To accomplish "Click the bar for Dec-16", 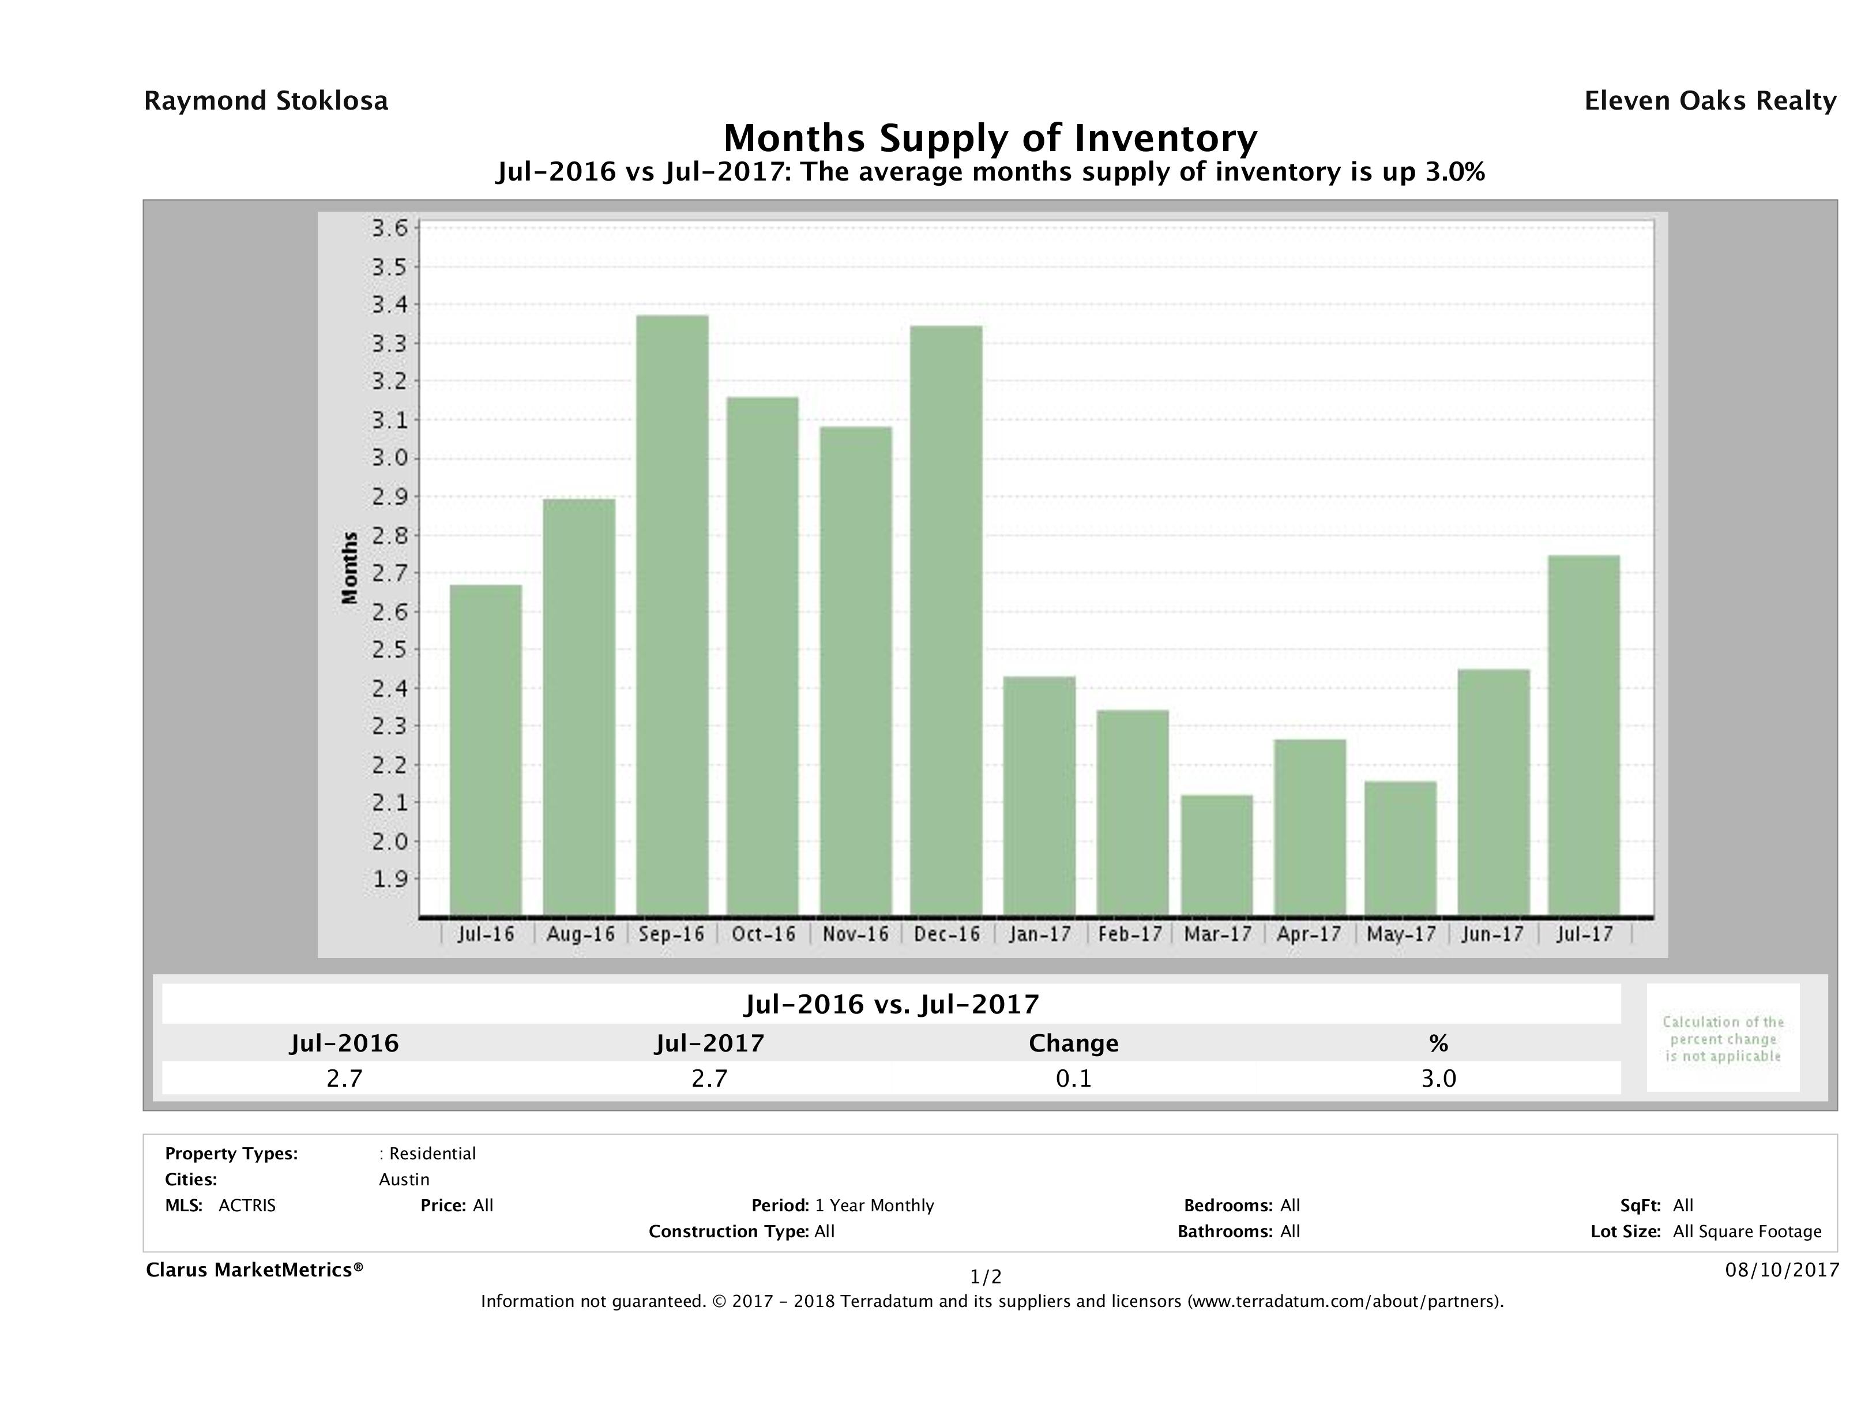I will click(x=946, y=620).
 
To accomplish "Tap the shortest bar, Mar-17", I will click(x=1217, y=854).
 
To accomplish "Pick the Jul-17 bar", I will click(x=1584, y=735).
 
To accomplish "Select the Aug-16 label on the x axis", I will click(x=580, y=934).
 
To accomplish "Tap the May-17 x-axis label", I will click(x=1401, y=934).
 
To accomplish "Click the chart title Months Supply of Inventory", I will click(x=990, y=137).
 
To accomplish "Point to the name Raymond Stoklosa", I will click(x=266, y=101).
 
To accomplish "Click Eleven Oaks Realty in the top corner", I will click(x=1709, y=101).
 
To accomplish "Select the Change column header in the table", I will click(x=1074, y=1043).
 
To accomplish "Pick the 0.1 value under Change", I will click(x=1074, y=1078).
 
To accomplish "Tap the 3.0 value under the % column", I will click(x=1438, y=1078).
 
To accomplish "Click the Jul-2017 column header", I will click(x=709, y=1043).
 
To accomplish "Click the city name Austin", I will click(x=404, y=1180).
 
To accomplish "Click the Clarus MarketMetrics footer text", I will click(x=254, y=1270).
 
